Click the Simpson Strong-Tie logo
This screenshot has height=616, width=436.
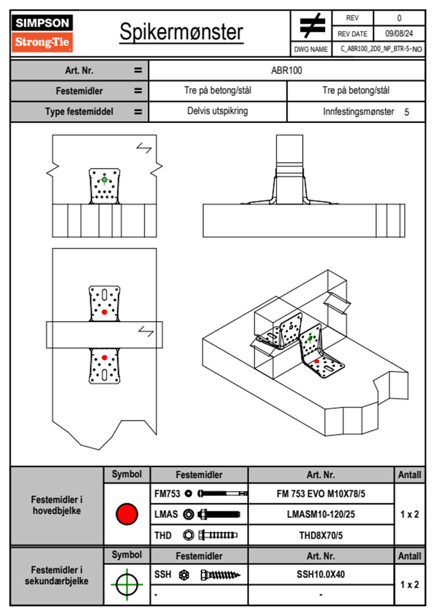[42, 33]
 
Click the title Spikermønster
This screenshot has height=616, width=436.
[181, 32]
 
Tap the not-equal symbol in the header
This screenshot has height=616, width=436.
[312, 26]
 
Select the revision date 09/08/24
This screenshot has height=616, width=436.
[399, 34]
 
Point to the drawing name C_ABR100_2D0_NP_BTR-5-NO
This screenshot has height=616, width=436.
[381, 49]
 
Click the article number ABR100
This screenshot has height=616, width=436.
[287, 71]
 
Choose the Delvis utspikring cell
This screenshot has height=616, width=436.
[217, 111]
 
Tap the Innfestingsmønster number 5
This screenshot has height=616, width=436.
[407, 112]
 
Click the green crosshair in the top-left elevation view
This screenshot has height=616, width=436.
[104, 179]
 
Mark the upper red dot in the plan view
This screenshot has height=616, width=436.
[104, 312]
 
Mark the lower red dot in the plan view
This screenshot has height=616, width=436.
[104, 357]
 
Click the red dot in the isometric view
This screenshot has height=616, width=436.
[317, 361]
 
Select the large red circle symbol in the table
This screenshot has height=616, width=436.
[127, 514]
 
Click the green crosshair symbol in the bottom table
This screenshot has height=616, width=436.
[127, 585]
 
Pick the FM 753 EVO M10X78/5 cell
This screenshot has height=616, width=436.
[321, 494]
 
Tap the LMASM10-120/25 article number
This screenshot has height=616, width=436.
[321, 515]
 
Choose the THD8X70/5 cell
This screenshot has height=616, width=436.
[321, 535]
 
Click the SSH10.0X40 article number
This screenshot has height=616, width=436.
[321, 574]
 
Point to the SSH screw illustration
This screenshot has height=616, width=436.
[220, 575]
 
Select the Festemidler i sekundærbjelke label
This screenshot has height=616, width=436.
[57, 575]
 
